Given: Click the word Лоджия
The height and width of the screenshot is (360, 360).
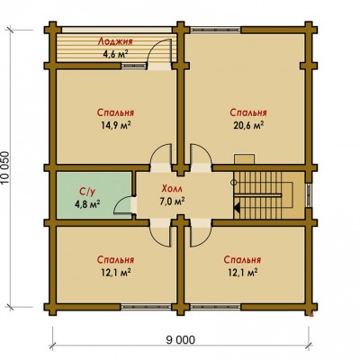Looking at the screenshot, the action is pos(115,41).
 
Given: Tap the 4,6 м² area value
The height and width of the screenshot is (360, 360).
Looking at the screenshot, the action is pos(115,54).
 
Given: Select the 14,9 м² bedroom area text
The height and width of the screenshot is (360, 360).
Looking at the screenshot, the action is pos(115,125).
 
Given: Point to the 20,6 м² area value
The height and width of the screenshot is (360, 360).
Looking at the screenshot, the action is pos(248,125).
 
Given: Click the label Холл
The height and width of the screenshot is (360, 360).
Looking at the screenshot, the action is pos(172,189).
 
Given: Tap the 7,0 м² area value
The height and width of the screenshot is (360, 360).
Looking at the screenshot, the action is pos(172,202).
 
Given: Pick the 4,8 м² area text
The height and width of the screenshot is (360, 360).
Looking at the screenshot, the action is pos(87,204).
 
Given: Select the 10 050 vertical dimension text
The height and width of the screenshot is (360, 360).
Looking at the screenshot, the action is pos(6,168).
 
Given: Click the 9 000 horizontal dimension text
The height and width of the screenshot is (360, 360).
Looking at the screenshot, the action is pos(180,340).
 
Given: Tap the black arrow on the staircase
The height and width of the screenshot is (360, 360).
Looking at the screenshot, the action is pos(236,208).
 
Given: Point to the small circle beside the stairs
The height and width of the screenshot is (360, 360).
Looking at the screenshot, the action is pos(234,182).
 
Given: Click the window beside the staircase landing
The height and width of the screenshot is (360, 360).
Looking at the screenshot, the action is pos(309,195).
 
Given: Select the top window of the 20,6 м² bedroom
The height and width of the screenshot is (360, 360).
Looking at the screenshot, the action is pos(215,30).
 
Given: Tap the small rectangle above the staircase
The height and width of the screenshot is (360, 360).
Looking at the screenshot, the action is pos(245,159).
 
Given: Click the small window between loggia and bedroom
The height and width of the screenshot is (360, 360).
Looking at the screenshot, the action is pos(133,66).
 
